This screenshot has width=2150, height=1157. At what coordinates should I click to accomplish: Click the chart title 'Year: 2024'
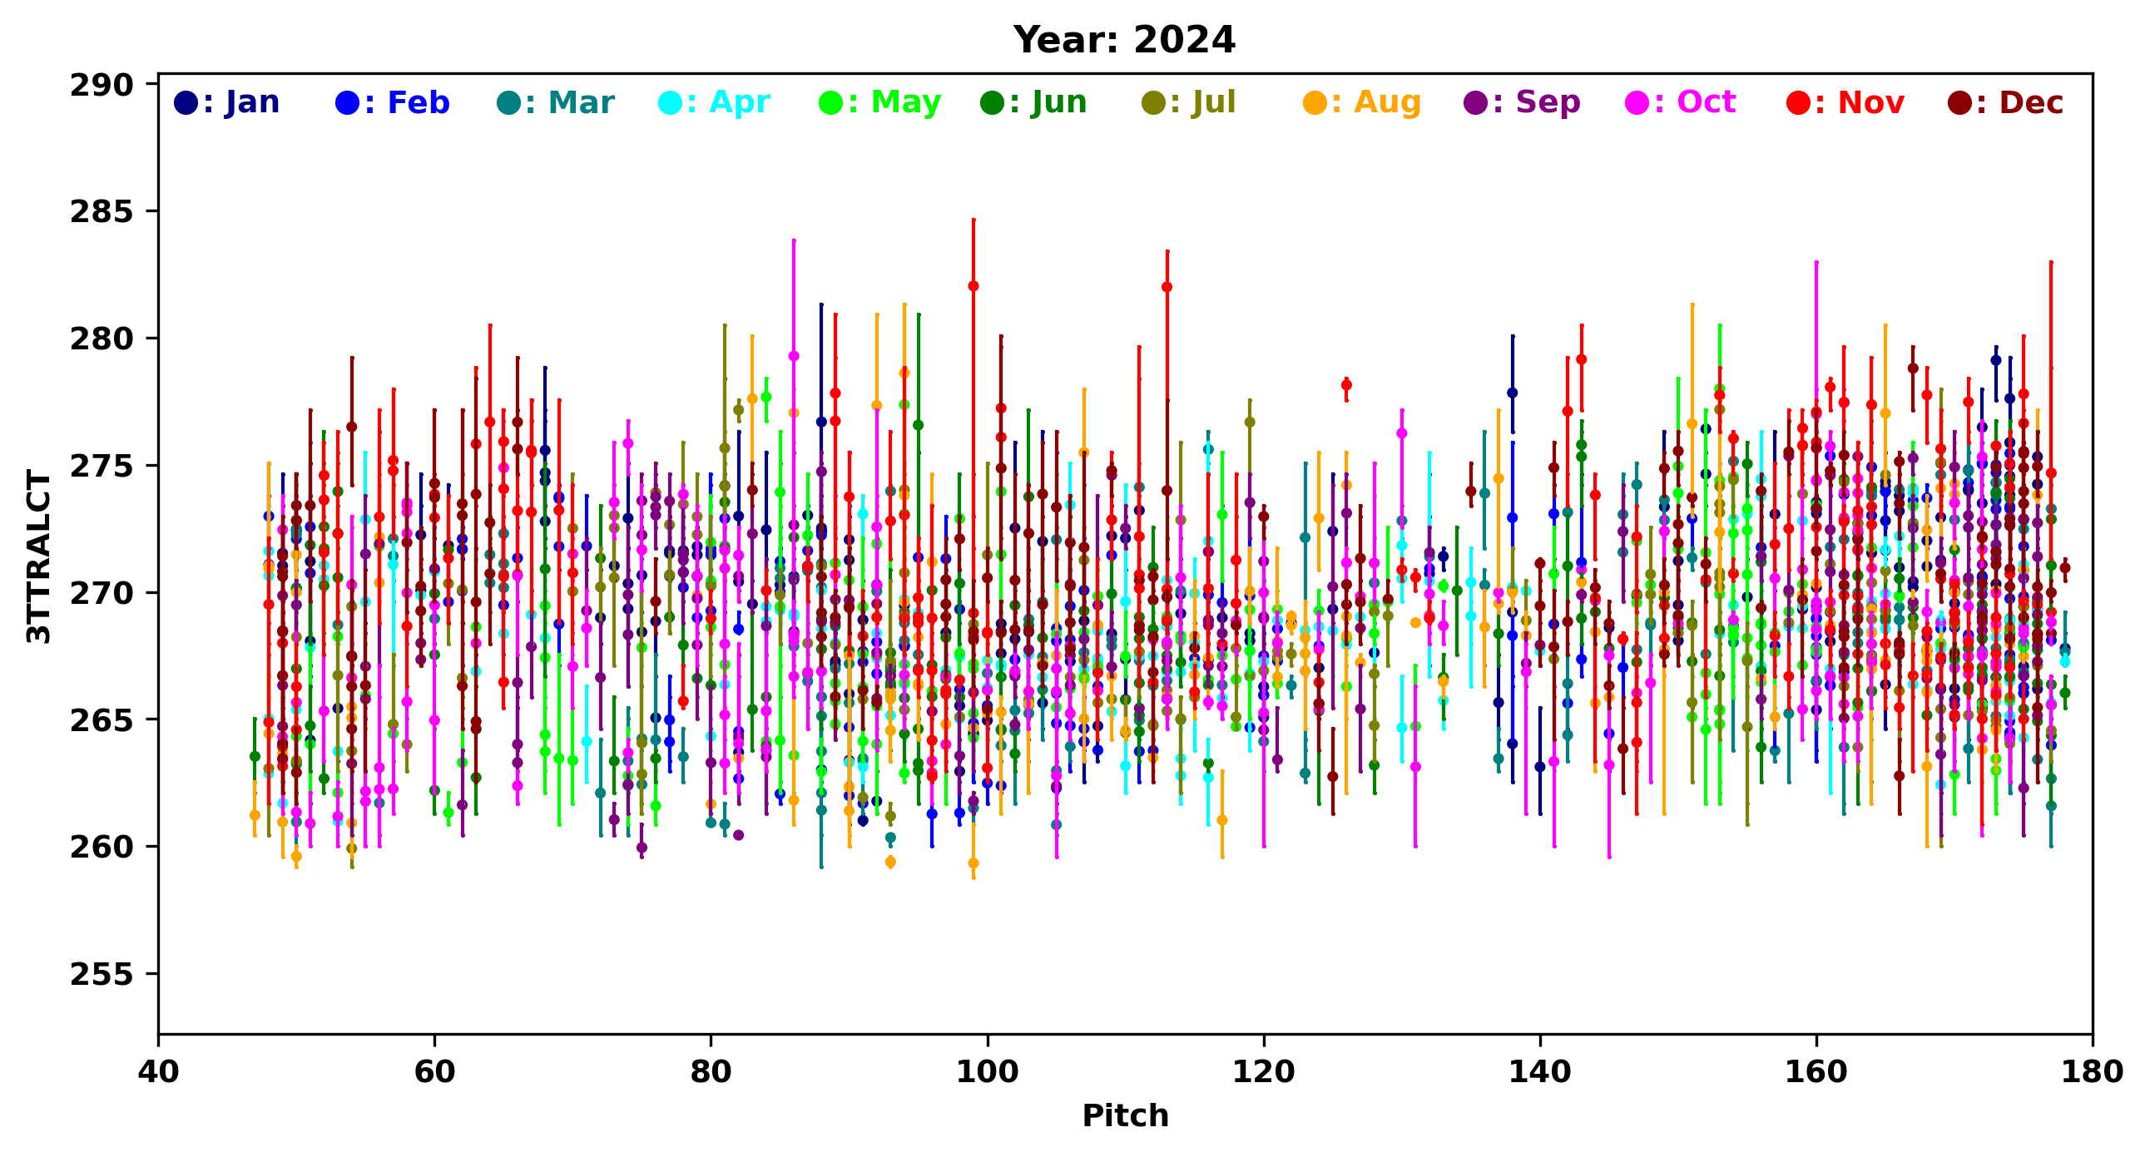point(1123,40)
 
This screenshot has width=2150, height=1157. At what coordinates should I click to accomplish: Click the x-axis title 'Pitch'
point(1125,1115)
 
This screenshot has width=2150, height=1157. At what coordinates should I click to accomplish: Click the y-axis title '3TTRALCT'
point(39,556)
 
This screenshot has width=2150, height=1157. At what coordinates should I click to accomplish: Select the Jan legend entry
point(227,102)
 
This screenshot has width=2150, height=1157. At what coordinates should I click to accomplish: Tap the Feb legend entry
point(392,102)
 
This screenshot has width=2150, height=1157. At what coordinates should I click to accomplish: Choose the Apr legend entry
point(715,102)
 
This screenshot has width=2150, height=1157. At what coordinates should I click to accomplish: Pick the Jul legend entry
point(1188,102)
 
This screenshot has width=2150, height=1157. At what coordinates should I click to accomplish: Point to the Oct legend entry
point(1681,102)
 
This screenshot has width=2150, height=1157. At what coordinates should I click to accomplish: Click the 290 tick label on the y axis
point(102,85)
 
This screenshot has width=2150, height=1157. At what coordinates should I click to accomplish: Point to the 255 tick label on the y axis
point(102,973)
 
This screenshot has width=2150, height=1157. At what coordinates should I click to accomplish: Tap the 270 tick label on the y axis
point(102,593)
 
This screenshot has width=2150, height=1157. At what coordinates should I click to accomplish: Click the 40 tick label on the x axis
point(159,1071)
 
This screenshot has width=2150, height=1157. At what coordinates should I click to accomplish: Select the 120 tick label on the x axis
point(1264,1071)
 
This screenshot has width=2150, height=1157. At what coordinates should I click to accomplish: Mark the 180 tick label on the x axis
point(2092,1071)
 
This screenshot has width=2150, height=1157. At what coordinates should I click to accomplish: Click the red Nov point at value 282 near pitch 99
point(973,286)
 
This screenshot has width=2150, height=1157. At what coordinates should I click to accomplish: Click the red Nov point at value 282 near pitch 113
point(1167,287)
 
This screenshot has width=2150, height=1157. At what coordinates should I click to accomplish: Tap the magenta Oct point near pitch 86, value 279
point(794,356)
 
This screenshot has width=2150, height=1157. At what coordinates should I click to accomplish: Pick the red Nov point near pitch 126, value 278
point(1346,384)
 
